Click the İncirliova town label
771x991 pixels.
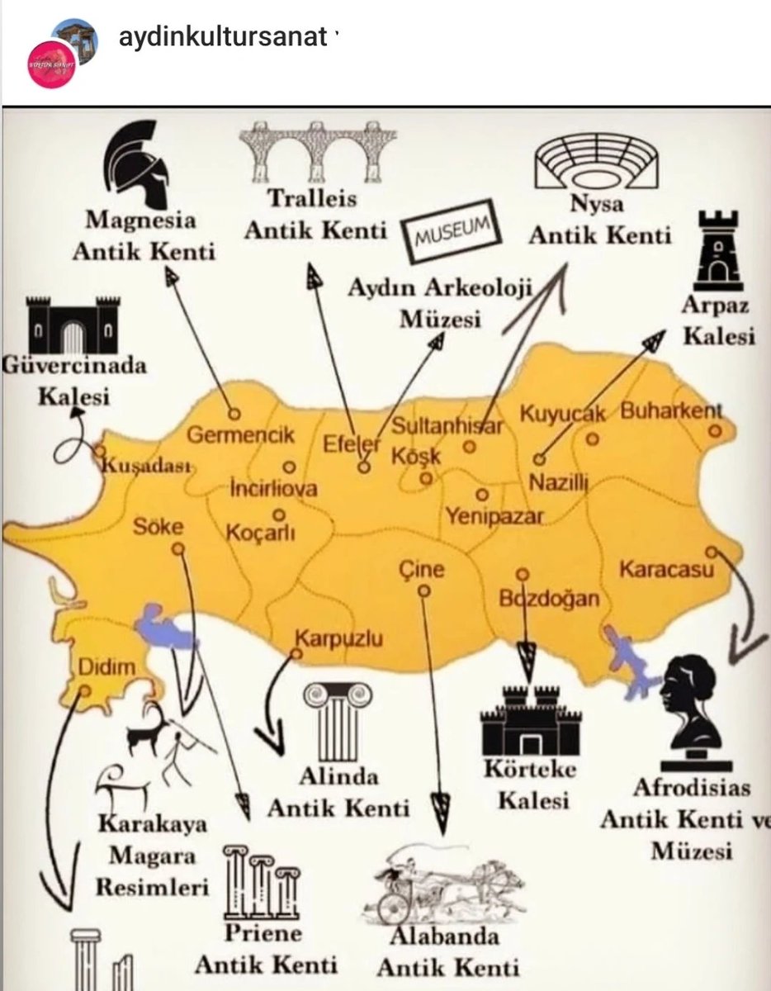[273, 489]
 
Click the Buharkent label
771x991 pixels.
[670, 410]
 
